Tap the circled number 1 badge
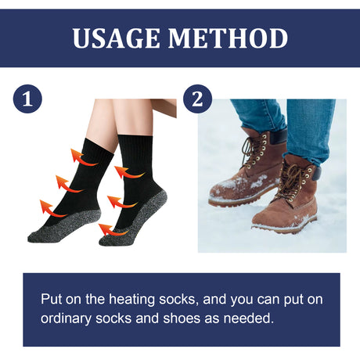point(27,99)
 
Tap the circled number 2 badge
point(197,99)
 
